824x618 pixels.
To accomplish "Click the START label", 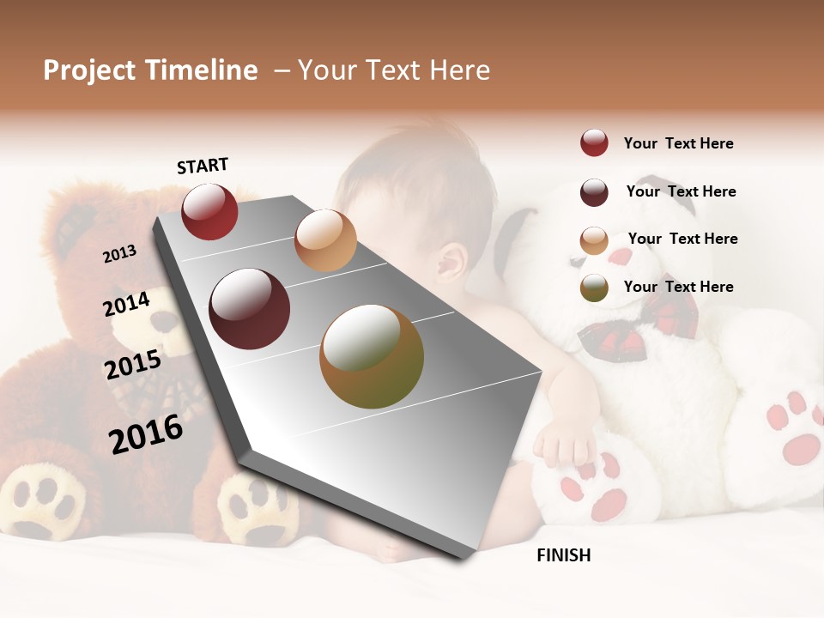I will (203, 166).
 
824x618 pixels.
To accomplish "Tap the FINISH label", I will (563, 555).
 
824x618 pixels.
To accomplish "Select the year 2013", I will (119, 254).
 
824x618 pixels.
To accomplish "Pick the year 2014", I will (127, 304).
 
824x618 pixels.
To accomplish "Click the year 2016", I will (146, 434).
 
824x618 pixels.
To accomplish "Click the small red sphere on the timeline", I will (209, 212).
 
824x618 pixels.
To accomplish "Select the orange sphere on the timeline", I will (325, 240).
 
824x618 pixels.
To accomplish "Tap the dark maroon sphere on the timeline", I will (250, 309).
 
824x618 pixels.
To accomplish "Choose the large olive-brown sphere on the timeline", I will (372, 356).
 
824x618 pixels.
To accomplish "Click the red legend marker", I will (594, 143).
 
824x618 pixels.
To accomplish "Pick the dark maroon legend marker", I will (594, 192).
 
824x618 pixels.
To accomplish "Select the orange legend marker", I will (594, 240).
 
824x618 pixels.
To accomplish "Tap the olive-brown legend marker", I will (594, 288).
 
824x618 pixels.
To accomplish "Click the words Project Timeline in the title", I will (150, 70).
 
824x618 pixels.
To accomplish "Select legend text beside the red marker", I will (678, 143).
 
